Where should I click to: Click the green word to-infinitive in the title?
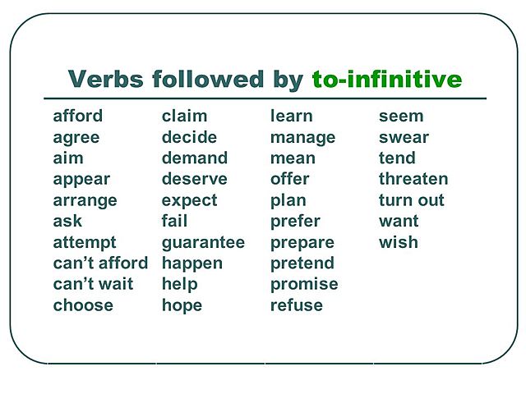(386, 80)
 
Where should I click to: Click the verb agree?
(76, 138)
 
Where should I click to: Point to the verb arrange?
(85, 201)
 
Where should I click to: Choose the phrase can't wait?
(95, 284)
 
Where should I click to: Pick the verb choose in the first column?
(83, 305)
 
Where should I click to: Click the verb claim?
(184, 117)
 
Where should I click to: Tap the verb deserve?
(194, 180)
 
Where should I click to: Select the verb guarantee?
(203, 243)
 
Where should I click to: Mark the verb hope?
(182, 305)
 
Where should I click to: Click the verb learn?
(291, 117)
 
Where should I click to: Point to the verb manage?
(302, 138)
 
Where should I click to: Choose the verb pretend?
(302, 263)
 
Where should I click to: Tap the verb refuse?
(296, 305)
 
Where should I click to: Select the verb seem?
(401, 117)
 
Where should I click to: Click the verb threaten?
(413, 180)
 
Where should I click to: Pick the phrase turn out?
(411, 200)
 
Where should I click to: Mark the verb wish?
(398, 242)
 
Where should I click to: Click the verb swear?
(404, 138)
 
